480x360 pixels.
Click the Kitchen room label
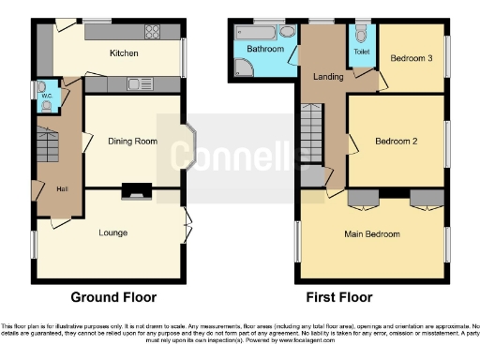(124, 53)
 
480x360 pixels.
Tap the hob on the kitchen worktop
(152, 32)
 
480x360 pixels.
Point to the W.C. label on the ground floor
(45, 95)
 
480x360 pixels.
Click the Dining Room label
(130, 141)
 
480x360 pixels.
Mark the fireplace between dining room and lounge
(137, 192)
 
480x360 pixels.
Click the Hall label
(61, 189)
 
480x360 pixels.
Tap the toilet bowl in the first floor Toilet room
(361, 36)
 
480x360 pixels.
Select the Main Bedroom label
(372, 233)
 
